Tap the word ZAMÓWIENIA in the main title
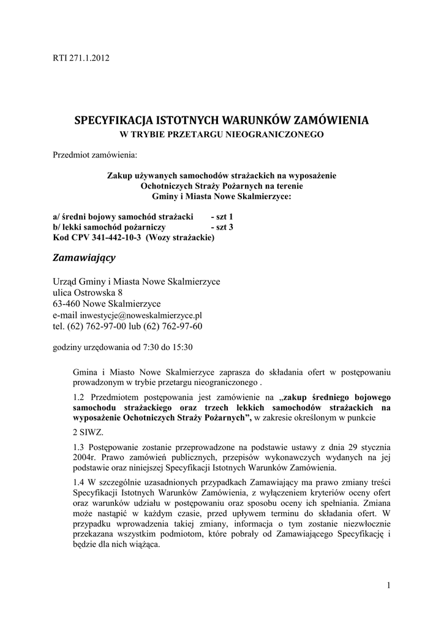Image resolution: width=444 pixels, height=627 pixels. [x=331, y=119]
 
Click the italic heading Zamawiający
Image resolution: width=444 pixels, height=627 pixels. [x=85, y=258]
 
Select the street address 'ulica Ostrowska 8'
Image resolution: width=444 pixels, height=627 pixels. [x=88, y=293]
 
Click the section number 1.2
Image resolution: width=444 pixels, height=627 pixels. [x=78, y=397]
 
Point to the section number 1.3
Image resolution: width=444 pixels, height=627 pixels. [x=78, y=448]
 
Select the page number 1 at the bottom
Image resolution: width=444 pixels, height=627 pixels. [x=388, y=587]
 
